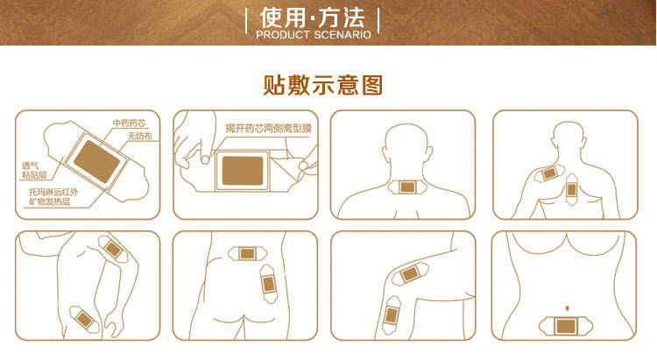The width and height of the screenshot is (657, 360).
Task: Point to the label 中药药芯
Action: pos(129,123)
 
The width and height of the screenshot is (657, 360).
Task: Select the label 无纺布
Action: pos(139,137)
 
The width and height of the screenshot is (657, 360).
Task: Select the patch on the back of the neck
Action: pos(406,187)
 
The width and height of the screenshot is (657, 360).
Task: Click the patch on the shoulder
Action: pos(547,173)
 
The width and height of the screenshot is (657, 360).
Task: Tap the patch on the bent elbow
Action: pos(111,248)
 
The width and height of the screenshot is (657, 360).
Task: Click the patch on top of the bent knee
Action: pos(408,275)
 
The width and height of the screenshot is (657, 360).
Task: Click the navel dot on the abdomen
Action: pos(569,307)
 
